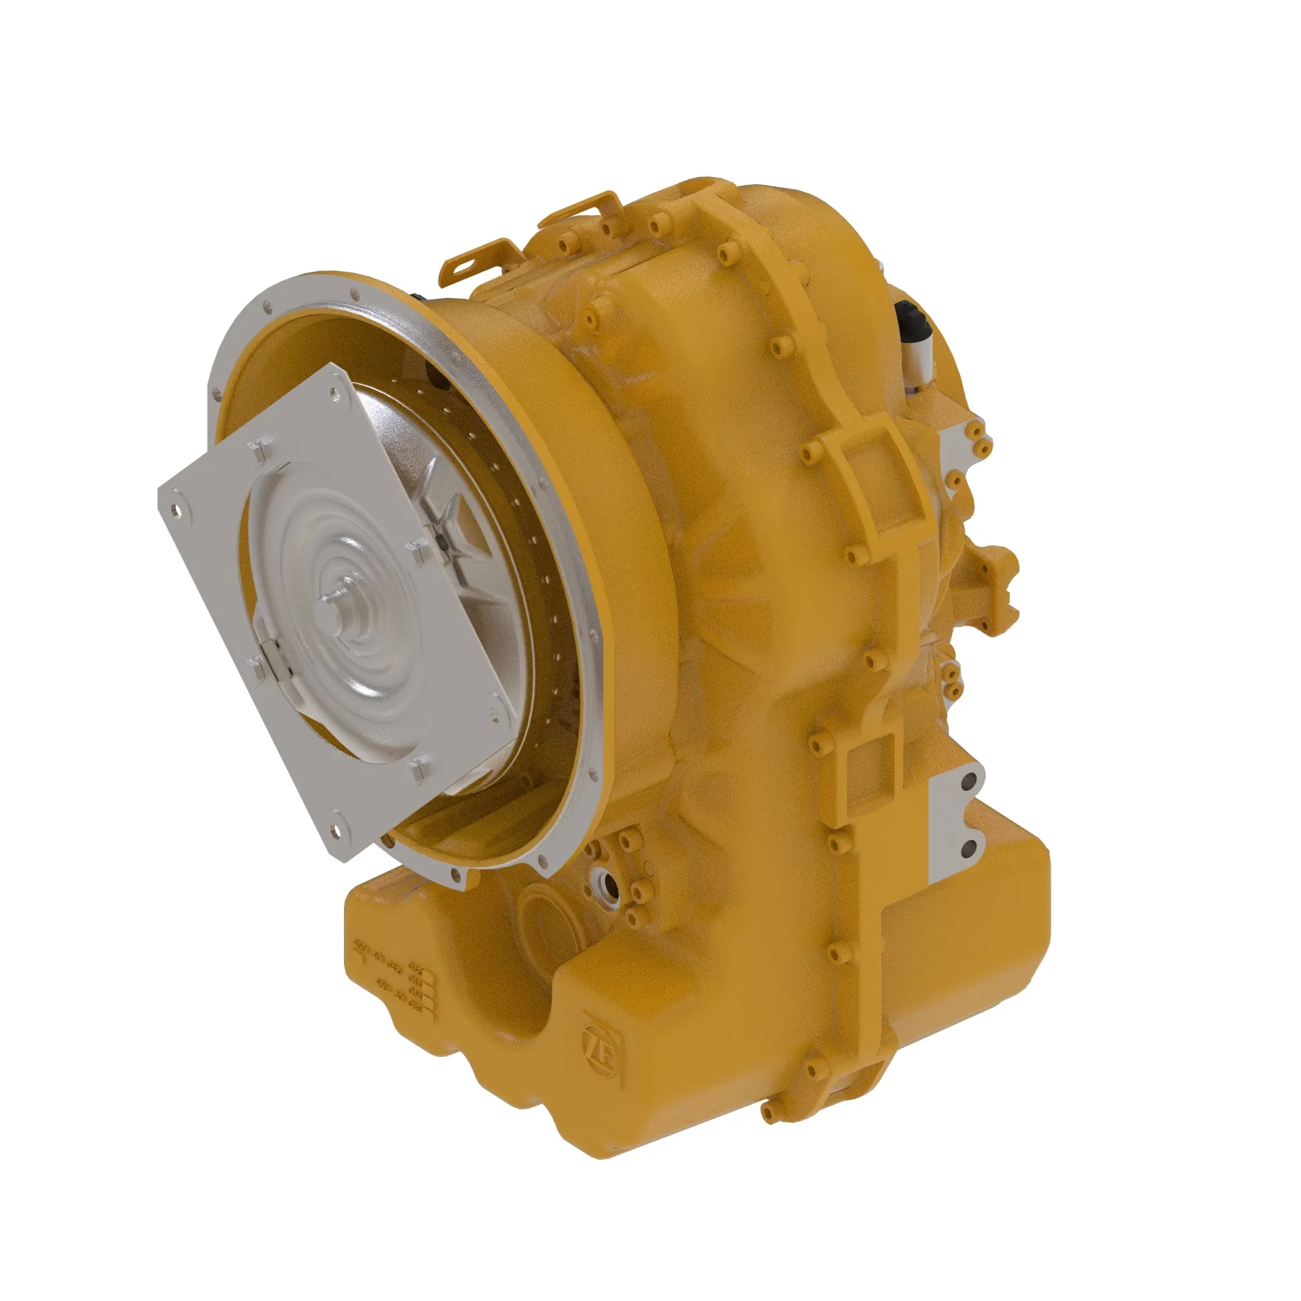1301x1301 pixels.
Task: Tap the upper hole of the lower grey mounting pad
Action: (970, 782)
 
